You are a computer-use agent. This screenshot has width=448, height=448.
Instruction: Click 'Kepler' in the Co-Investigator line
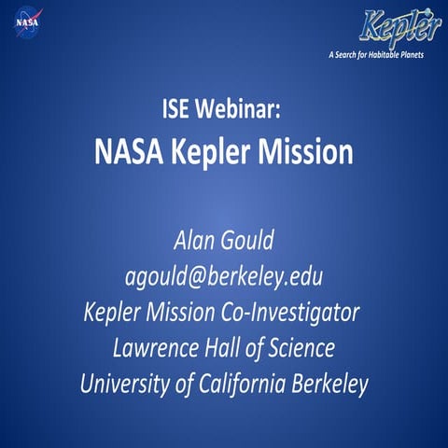click(x=112, y=311)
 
